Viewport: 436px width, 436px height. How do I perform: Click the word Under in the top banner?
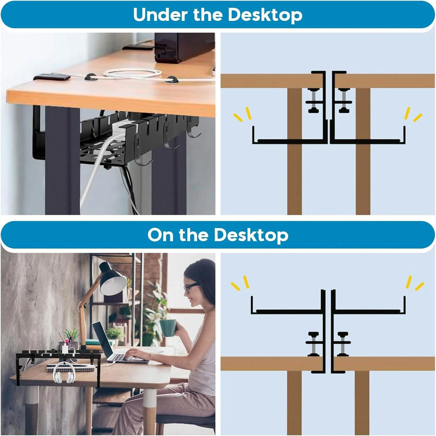160,14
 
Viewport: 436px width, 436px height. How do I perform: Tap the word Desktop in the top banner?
265,15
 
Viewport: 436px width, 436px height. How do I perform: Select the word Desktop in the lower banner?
251,235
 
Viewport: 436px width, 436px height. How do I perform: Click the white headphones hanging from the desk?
64,373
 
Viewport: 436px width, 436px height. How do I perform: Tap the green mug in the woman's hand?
168,328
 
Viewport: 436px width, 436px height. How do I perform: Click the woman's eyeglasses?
190,288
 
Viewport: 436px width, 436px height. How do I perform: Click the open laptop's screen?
102,340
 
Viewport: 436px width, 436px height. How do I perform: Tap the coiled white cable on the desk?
133,73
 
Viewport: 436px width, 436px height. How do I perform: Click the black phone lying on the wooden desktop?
52,77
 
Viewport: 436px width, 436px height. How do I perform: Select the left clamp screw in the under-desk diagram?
313,101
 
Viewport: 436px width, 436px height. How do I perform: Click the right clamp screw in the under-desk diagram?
344,101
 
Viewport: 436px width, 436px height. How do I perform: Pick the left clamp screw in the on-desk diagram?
313,344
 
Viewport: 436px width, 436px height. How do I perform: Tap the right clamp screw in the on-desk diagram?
343,344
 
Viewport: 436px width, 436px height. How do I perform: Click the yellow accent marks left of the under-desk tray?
242,114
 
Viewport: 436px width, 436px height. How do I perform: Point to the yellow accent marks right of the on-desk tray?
415,283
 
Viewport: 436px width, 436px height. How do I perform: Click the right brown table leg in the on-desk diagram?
362,403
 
